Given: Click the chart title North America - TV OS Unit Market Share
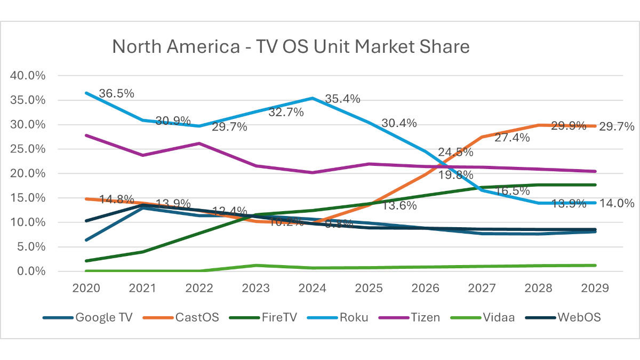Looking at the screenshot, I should click(x=291, y=47).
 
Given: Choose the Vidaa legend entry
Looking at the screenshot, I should click(x=499, y=317).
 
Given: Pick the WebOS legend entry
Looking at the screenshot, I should click(x=579, y=317).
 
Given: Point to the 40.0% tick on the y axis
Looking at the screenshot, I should click(x=28, y=76).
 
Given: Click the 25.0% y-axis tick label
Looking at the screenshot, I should click(x=28, y=149).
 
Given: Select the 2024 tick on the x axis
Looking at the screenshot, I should click(x=312, y=288).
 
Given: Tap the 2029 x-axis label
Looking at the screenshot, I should click(x=595, y=288).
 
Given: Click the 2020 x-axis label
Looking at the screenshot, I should click(x=85, y=288).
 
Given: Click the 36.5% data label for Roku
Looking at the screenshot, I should click(x=116, y=93).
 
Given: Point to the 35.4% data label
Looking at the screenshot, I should click(x=342, y=99).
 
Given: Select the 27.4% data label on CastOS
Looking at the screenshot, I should click(x=511, y=138).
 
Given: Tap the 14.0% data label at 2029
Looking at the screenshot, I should click(x=617, y=203).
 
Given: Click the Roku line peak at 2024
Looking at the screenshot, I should click(x=312, y=98).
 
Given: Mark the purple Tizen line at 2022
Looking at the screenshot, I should click(x=199, y=143).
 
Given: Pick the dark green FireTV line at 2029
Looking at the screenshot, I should click(x=595, y=185).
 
